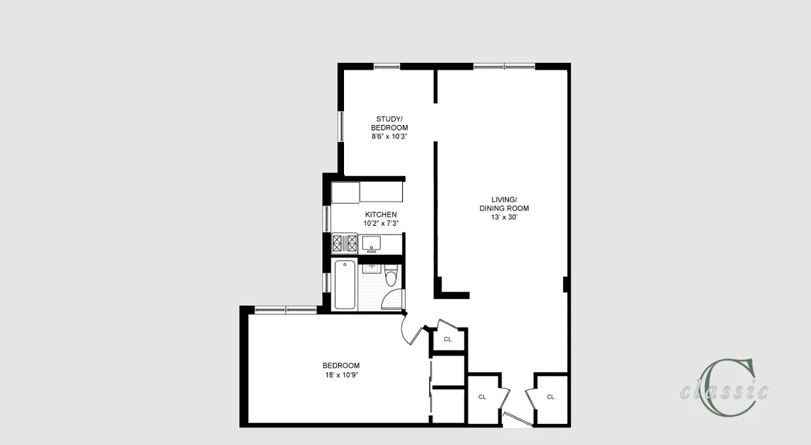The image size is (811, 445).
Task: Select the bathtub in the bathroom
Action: [x=344, y=285]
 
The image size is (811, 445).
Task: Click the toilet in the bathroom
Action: [x=391, y=277]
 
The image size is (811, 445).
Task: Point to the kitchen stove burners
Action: [x=344, y=242]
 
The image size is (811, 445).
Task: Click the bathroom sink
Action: [x=370, y=268]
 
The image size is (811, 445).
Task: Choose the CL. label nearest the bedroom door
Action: [x=448, y=339]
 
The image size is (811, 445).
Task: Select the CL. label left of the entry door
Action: [x=483, y=397]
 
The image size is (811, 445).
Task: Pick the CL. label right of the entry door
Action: [x=551, y=397]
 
